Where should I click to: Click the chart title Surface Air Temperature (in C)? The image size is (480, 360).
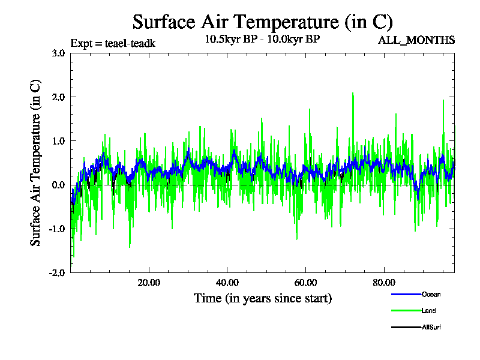[262, 22]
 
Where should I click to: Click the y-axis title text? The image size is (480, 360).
[36, 163]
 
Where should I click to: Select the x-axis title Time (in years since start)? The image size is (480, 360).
[262, 298]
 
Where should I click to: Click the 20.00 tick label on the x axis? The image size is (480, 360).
[149, 283]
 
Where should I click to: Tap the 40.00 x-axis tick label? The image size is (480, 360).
[227, 283]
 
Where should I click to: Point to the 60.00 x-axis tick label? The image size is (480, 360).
[305, 283]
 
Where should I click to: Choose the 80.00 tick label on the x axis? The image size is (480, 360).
[384, 283]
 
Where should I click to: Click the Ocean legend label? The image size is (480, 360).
[430, 295]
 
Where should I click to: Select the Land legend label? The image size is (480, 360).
[428, 311]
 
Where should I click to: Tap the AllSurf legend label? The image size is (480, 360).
[431, 327]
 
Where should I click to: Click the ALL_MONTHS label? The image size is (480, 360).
[416, 40]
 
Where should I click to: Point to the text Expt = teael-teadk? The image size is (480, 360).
[113, 43]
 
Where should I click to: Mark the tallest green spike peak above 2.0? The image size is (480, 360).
[353, 93]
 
